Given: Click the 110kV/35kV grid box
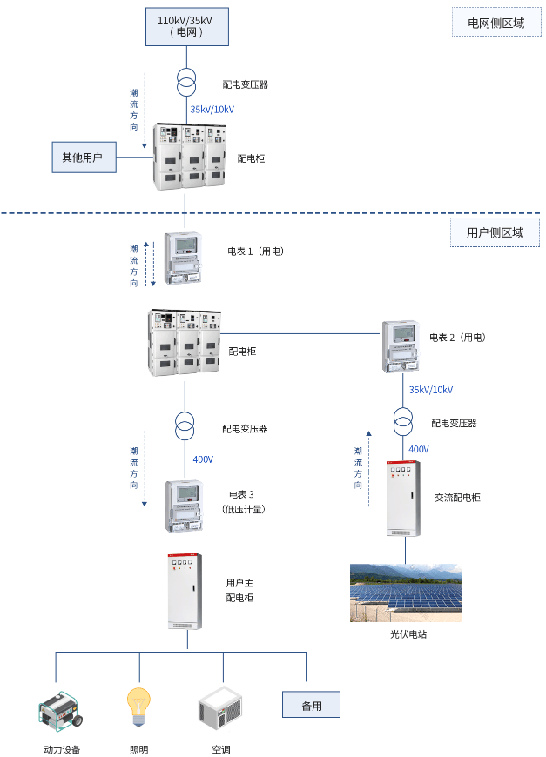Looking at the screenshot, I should pyautogui.click(x=186, y=25).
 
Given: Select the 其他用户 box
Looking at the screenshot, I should pyautogui.click(x=83, y=157).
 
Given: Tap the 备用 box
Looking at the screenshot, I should pyautogui.click(x=311, y=705).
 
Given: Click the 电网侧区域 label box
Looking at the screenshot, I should pyautogui.click(x=495, y=23).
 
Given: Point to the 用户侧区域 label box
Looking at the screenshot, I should pyautogui.click(x=495, y=232).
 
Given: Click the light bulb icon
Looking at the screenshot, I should pyautogui.click(x=138, y=707).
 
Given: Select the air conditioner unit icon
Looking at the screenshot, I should pyautogui.click(x=220, y=709).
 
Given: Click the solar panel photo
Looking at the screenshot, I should pyautogui.click(x=406, y=593).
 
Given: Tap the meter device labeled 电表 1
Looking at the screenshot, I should pyautogui.click(x=184, y=258).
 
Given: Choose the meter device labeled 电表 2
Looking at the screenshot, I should pyautogui.click(x=401, y=345).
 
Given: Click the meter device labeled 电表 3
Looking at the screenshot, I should pyautogui.click(x=184, y=506).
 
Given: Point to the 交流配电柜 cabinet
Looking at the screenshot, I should pyautogui.click(x=403, y=498).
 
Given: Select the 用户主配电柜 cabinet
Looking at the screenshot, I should pyautogui.click(x=185, y=591).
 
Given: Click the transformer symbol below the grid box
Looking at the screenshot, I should pyautogui.click(x=185, y=84).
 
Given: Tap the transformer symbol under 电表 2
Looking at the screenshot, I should pyautogui.click(x=402, y=422).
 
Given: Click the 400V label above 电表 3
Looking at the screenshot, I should pyautogui.click(x=203, y=459).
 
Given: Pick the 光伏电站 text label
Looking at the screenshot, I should pyautogui.click(x=408, y=634).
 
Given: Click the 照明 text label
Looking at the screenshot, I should pyautogui.click(x=138, y=749).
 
